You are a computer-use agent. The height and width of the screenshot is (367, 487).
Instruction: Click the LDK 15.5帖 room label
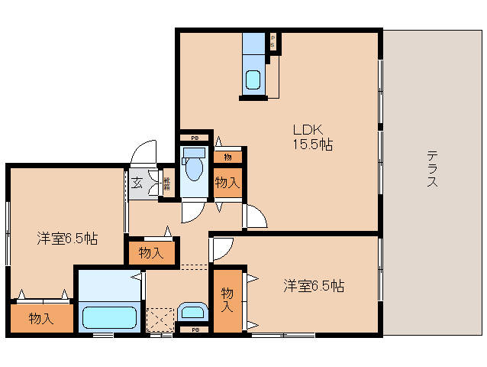312,136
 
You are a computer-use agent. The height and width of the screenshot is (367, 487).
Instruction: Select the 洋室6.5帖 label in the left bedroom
67,238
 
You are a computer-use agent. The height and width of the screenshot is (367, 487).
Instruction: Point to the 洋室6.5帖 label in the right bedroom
314,286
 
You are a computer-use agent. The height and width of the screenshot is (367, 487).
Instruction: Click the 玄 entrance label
137,183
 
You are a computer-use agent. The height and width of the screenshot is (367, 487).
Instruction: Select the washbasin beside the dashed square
192,312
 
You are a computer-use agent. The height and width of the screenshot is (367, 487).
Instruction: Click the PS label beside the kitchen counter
273,42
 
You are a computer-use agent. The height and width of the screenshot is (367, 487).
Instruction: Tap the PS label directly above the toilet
195,138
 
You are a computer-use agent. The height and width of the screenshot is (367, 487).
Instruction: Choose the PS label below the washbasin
195,330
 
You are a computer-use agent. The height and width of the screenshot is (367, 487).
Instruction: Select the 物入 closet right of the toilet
227,183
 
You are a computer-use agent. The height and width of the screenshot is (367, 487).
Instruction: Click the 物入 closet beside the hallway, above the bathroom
152,252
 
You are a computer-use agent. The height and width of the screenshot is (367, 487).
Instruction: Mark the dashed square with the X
161,319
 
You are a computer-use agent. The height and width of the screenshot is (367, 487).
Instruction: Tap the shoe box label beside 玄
167,183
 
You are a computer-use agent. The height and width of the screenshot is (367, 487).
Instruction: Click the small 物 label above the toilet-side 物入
227,157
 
